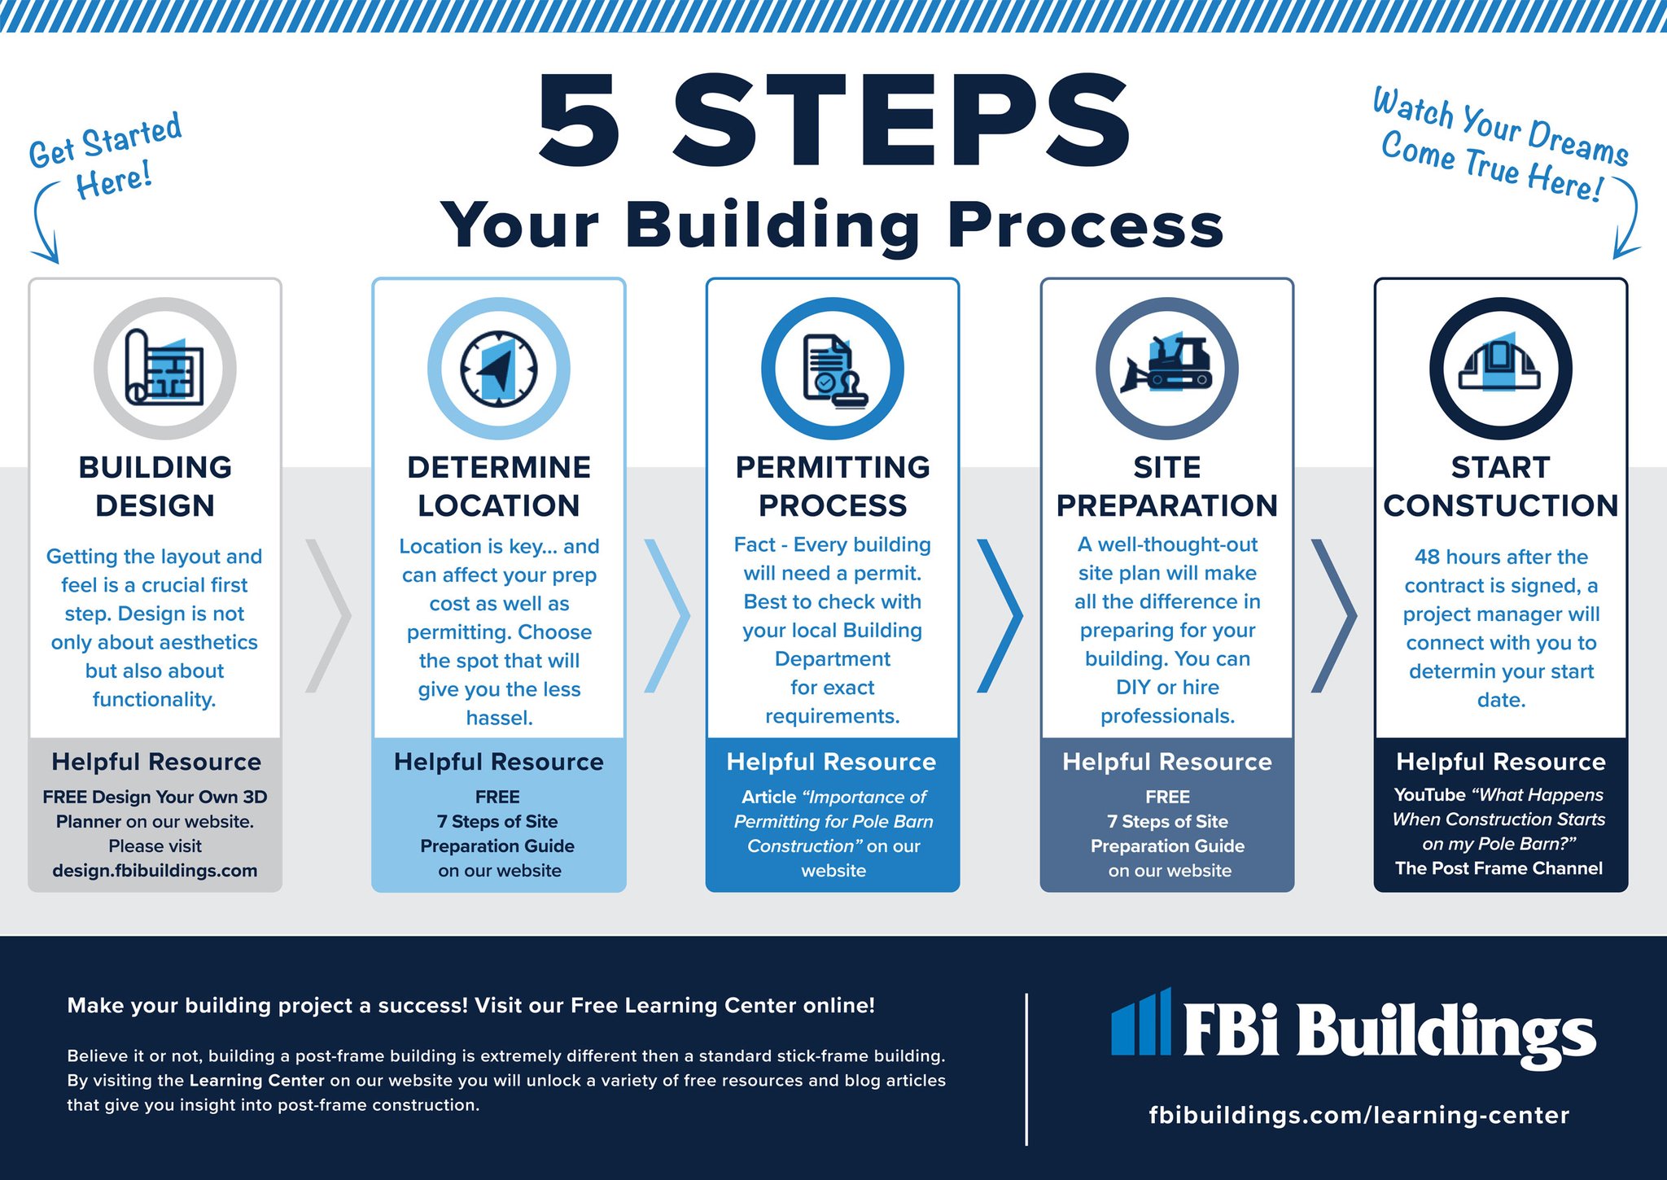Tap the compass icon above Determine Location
click(498, 368)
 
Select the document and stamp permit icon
click(833, 368)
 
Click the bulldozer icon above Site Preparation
click(1166, 368)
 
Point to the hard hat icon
click(1500, 368)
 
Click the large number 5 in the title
click(580, 120)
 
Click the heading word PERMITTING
click(833, 467)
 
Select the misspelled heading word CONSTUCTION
click(1500, 505)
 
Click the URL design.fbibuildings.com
click(155, 871)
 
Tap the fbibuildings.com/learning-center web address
click(1359, 1115)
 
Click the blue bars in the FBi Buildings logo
click(1141, 1022)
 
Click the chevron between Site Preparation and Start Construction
click(1333, 615)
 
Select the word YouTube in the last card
click(1429, 795)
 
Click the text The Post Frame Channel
click(1499, 868)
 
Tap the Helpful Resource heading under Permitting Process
click(831, 762)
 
